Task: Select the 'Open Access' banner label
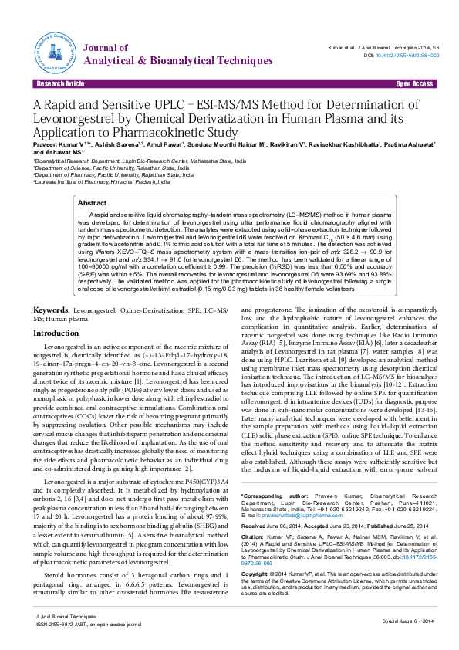413,83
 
